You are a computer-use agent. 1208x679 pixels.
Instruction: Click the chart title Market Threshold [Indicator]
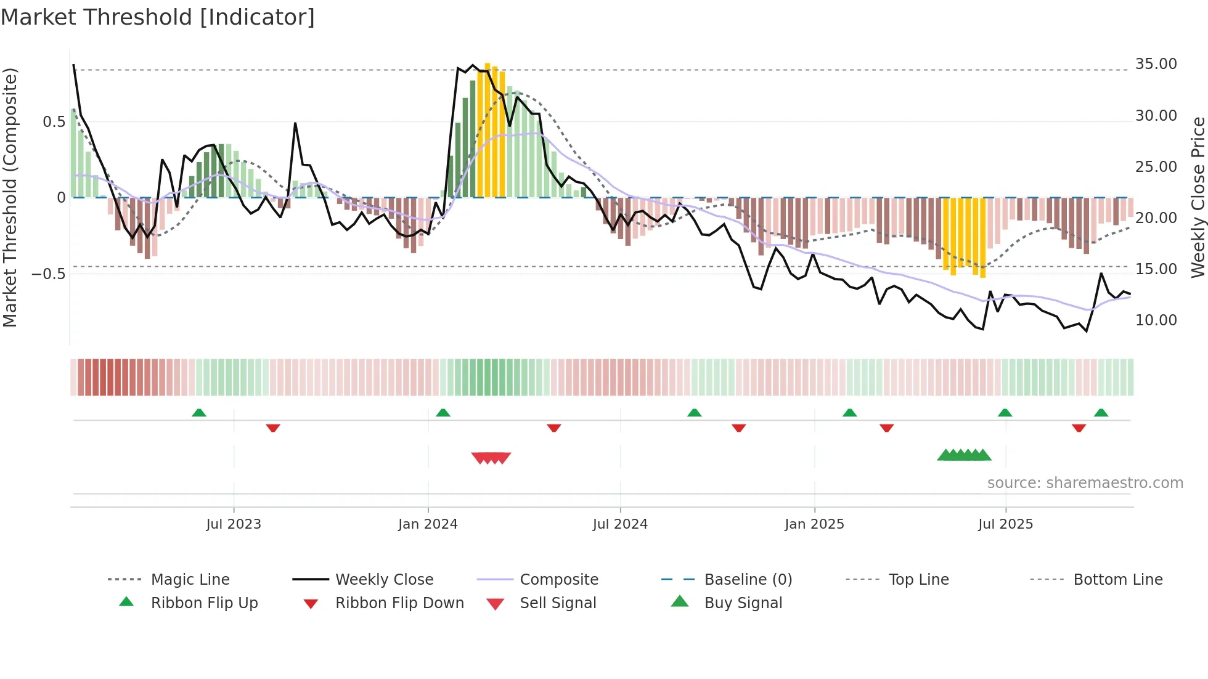click(158, 17)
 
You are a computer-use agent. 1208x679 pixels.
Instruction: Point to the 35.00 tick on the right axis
click(1156, 64)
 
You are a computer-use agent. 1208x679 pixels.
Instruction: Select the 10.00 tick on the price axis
click(1156, 320)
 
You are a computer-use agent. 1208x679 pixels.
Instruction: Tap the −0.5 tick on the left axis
click(48, 274)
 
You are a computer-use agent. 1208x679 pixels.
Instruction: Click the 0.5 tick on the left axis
click(54, 122)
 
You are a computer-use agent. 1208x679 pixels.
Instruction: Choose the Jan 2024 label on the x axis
click(428, 524)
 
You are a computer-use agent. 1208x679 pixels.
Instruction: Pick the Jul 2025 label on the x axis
click(1005, 524)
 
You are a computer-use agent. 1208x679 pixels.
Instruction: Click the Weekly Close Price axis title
click(1198, 197)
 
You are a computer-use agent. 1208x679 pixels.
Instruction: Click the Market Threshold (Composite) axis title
click(10, 197)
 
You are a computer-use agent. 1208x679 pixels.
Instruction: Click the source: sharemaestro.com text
click(1085, 483)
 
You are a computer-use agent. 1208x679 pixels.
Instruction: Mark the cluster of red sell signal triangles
click(491, 458)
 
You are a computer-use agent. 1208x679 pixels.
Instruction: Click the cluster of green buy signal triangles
click(964, 455)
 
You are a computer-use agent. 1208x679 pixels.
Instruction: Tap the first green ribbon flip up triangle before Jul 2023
click(199, 413)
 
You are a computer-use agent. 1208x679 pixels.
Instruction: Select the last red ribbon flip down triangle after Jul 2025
click(1079, 428)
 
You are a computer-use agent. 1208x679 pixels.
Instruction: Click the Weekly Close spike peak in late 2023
click(295, 124)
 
